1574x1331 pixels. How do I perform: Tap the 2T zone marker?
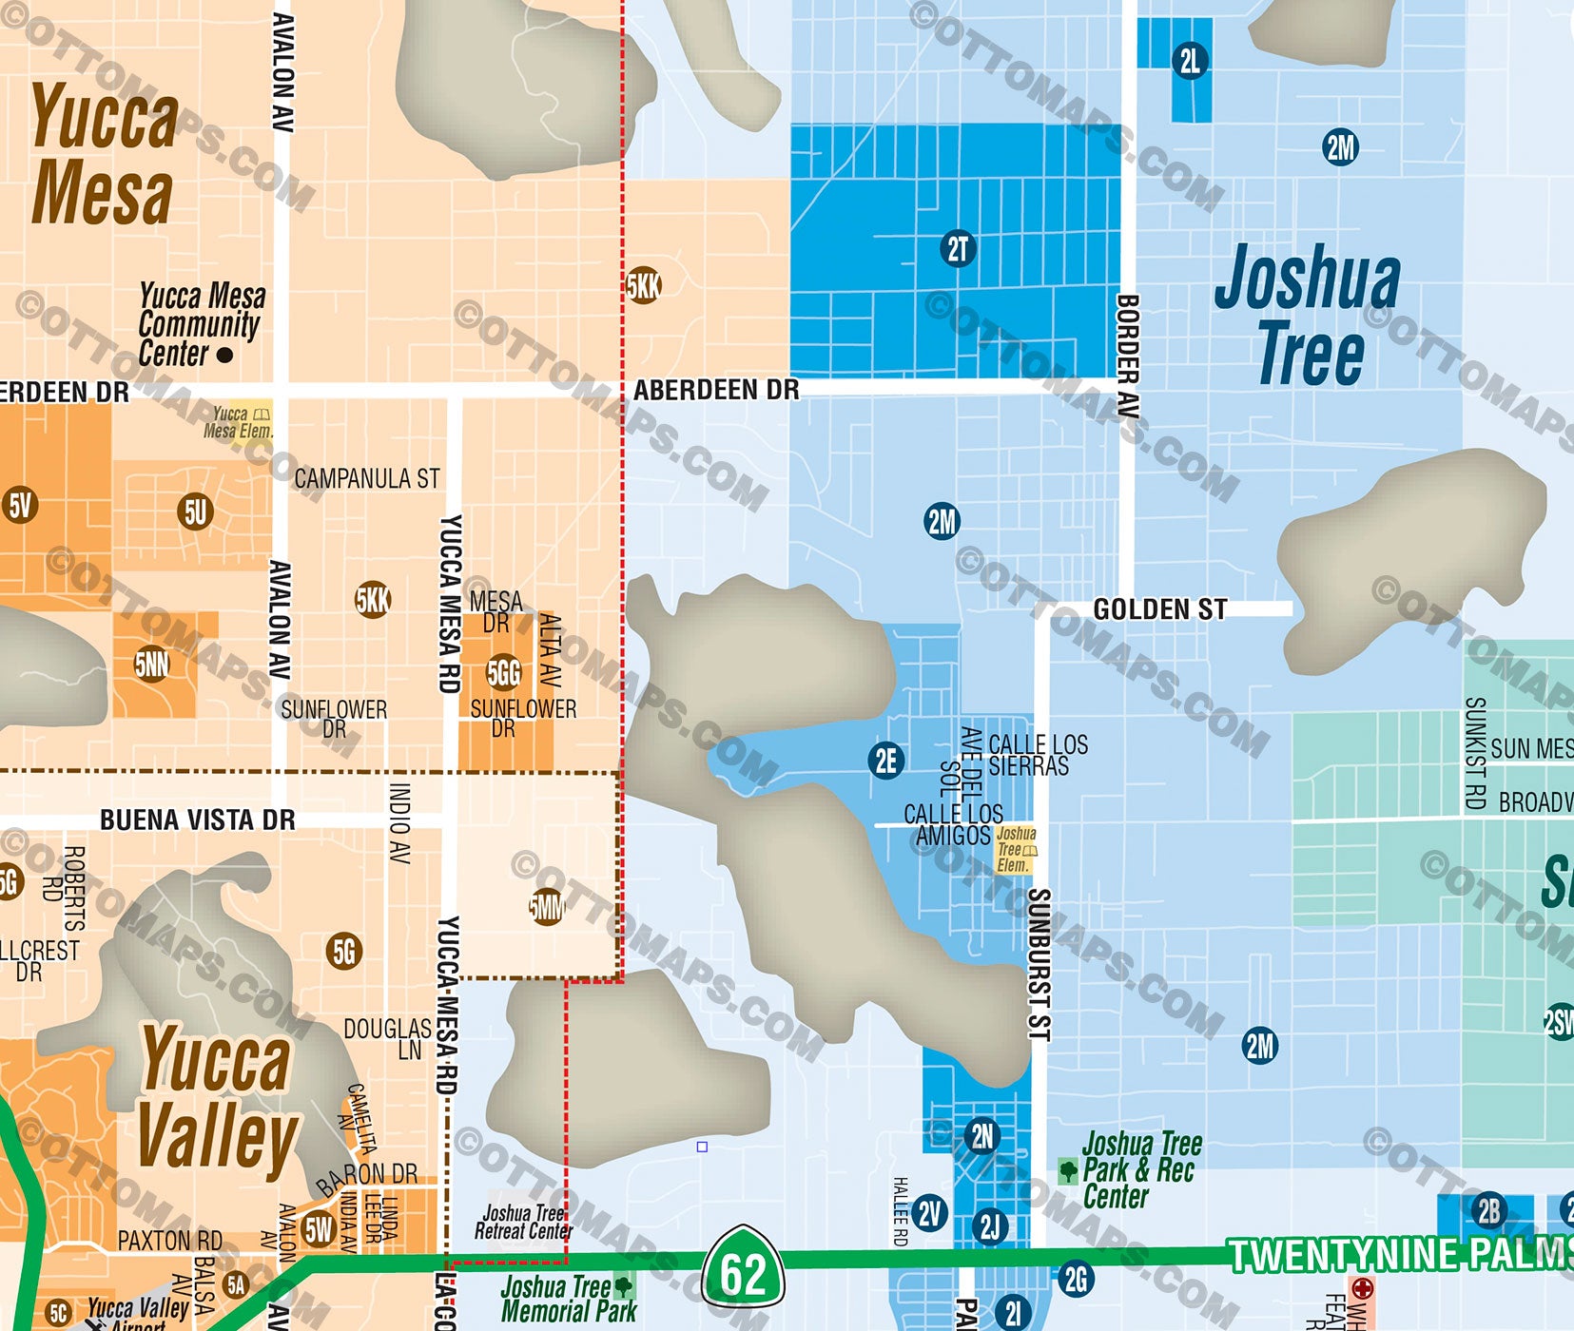tap(958, 249)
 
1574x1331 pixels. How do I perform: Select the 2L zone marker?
tap(1190, 61)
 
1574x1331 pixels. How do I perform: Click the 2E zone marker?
tap(885, 761)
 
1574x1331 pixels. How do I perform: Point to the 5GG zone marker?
tap(504, 673)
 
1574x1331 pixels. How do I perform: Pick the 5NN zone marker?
tap(152, 665)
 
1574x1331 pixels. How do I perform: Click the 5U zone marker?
tap(195, 512)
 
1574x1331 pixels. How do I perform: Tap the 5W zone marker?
tap(319, 1229)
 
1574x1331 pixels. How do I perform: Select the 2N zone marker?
tap(982, 1135)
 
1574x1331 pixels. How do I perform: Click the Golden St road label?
tap(1159, 609)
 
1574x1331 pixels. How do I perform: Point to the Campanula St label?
tap(366, 478)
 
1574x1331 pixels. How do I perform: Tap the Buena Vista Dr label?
tap(197, 820)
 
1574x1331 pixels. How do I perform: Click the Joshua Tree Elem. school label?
tap(1016, 849)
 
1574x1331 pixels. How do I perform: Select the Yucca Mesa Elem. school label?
tap(238, 423)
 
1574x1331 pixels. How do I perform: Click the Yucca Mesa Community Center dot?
tap(225, 356)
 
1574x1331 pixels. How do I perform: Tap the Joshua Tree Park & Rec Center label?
tap(1137, 1169)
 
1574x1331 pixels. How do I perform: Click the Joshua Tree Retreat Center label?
tap(524, 1222)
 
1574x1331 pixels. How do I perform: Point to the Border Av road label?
tap(1127, 357)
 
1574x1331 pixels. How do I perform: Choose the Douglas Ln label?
tap(388, 1038)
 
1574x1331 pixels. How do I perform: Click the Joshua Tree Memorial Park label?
tap(568, 1299)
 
